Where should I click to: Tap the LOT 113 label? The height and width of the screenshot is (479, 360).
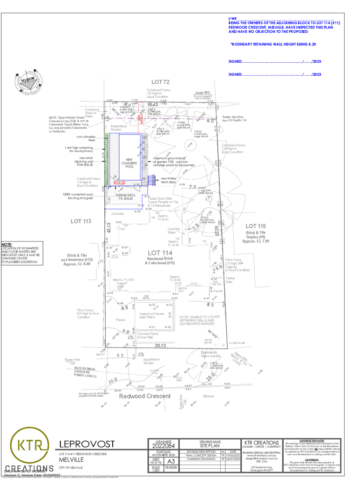(80, 221)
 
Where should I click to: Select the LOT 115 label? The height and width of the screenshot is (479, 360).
(256, 226)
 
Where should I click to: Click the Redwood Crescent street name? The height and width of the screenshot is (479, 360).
(144, 396)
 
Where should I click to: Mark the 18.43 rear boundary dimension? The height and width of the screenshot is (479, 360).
(153, 104)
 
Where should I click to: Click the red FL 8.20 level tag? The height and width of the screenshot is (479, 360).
(120, 182)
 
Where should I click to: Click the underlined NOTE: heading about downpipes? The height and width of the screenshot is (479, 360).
(7, 245)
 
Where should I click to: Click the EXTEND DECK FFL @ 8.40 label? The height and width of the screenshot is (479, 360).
(125, 197)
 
